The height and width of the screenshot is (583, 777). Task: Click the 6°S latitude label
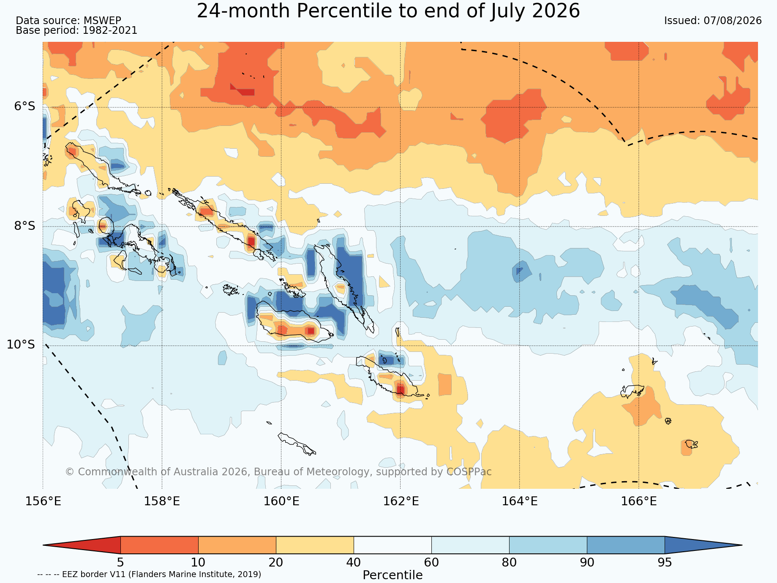(x=25, y=106)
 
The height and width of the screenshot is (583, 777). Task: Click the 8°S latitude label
(x=25, y=226)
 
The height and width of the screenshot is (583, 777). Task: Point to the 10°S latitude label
(x=21, y=345)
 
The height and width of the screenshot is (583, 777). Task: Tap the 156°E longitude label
(x=43, y=501)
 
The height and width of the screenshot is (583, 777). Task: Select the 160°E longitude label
(x=281, y=501)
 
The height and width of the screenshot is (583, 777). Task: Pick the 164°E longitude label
(x=520, y=501)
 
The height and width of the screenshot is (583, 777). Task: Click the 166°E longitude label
(x=639, y=501)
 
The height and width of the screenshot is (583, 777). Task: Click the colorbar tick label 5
(x=120, y=563)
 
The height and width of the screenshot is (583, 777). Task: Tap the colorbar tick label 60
(x=431, y=563)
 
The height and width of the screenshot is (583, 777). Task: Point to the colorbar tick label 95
(x=665, y=563)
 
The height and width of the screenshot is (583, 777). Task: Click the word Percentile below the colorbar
(x=393, y=575)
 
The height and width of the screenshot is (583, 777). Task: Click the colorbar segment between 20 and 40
(x=315, y=545)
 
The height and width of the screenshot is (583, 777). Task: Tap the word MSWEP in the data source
(x=102, y=21)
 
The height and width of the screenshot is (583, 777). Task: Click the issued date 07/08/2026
(x=732, y=21)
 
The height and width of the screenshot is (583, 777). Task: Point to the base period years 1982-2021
(x=110, y=30)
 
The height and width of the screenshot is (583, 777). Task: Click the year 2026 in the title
(x=556, y=11)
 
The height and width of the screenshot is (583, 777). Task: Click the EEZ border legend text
(x=149, y=575)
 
